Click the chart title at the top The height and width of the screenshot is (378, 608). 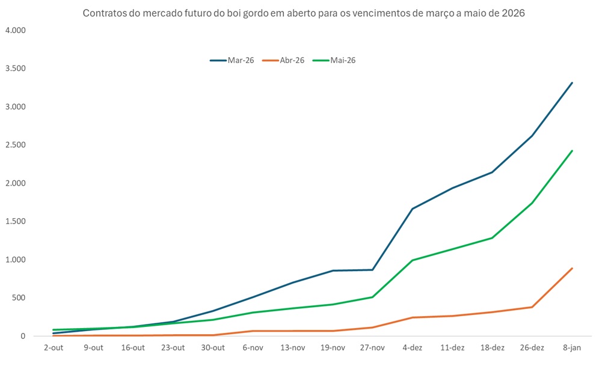304,13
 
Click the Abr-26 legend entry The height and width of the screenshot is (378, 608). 284,60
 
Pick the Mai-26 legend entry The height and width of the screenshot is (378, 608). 334,60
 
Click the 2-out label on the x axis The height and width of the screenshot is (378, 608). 54,348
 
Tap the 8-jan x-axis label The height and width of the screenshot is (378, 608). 572,348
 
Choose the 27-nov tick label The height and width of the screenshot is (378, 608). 372,348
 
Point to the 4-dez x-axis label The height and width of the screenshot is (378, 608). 413,348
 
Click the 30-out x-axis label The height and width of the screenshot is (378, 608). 213,348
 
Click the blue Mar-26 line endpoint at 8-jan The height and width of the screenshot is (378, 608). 572,83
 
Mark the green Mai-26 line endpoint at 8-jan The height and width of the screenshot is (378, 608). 572,151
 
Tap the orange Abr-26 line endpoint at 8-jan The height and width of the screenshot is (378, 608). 572,269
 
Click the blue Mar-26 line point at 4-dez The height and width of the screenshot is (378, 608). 413,209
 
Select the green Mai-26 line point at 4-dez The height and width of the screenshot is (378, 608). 413,260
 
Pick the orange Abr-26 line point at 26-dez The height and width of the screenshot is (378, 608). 532,307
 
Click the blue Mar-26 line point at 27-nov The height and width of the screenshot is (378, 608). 372,270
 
